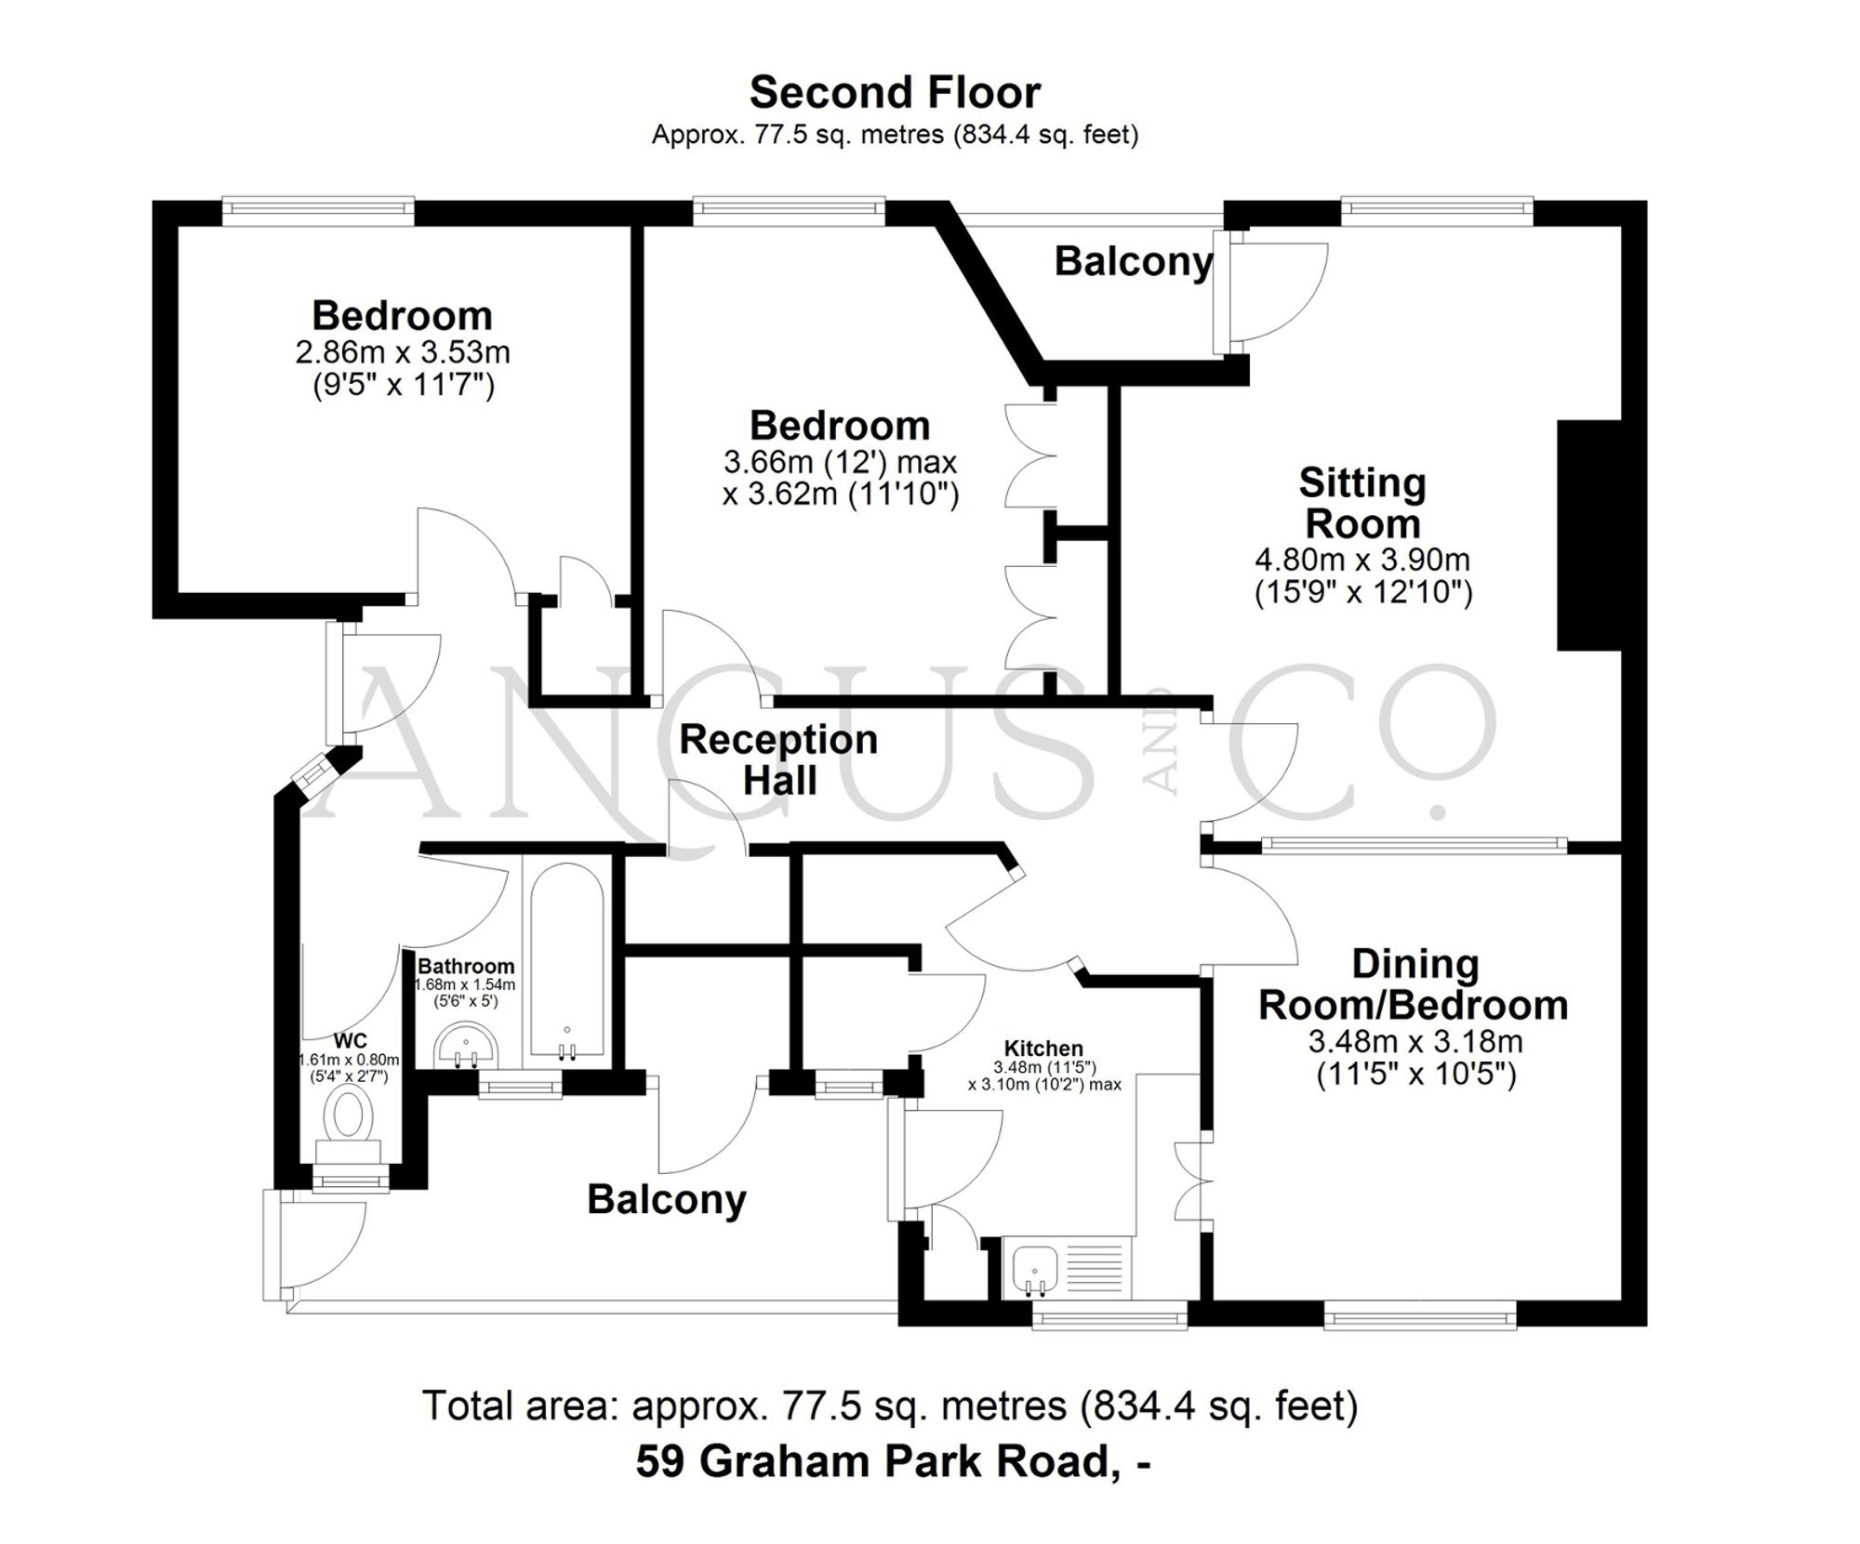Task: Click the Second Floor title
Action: point(895,93)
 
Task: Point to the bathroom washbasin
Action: point(467,1047)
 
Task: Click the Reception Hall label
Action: point(779,760)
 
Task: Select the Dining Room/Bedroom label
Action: point(1414,985)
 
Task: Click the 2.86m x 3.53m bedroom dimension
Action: point(403,353)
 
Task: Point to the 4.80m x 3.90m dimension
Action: point(1362,560)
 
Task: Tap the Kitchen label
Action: point(1044,1049)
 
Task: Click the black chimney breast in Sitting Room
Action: point(1588,535)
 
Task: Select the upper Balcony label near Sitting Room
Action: point(1134,262)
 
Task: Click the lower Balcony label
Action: point(667,1200)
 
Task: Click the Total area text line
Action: point(890,1405)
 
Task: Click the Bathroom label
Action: point(466,967)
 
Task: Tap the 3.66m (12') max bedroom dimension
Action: point(840,462)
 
